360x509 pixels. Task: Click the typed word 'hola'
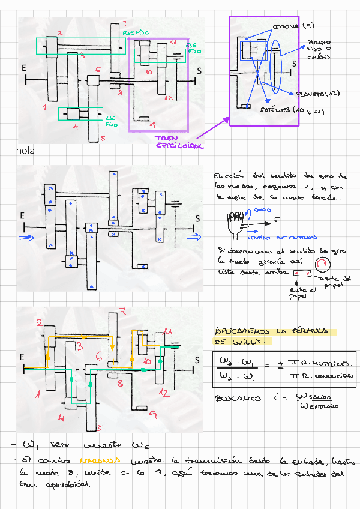(25, 151)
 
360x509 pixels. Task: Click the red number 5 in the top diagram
(103, 139)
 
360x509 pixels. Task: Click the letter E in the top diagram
(24, 68)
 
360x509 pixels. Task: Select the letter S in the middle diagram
(197, 218)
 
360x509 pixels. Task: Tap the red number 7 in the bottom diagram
(122, 311)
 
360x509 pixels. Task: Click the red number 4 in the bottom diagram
(61, 417)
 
